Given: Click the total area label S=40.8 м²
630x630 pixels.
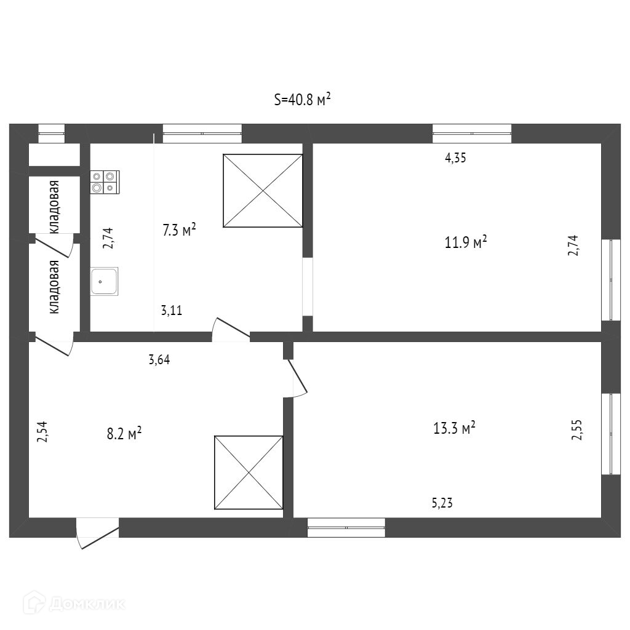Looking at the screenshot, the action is [303, 99].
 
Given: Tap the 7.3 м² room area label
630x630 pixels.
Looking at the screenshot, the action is [179, 231].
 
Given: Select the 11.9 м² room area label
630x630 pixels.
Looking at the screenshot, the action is [466, 242].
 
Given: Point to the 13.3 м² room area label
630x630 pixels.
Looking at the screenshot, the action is [455, 428].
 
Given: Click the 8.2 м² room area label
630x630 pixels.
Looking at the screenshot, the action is [124, 433].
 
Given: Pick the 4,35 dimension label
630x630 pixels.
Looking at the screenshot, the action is [455, 157].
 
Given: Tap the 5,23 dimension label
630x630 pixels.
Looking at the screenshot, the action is [443, 503].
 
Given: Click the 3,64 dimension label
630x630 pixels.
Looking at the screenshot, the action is [159, 360].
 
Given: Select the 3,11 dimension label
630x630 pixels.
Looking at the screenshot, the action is [172, 311].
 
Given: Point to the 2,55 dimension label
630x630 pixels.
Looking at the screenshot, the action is [576, 430].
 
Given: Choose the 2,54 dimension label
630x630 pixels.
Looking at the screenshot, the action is [42, 431].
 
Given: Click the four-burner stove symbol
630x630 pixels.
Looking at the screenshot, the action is [105, 181].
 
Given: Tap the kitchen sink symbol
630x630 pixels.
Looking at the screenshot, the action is [104, 281].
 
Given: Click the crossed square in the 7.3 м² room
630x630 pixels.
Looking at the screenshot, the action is [263, 191].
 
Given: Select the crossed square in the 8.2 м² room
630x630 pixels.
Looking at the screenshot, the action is [249, 472].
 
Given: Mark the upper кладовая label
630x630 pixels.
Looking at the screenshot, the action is [55, 207].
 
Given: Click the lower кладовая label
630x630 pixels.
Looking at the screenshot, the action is [55, 287].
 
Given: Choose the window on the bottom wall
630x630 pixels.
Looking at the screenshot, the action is [346, 527].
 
